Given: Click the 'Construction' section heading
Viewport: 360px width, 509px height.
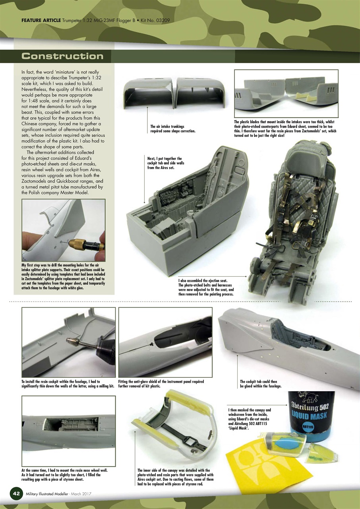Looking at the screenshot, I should (62, 56).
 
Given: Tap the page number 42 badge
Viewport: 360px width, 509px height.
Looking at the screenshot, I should (16, 493).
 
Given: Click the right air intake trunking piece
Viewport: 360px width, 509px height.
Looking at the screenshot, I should (201, 92).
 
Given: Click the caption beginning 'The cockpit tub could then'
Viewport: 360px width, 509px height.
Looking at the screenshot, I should (260, 383).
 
